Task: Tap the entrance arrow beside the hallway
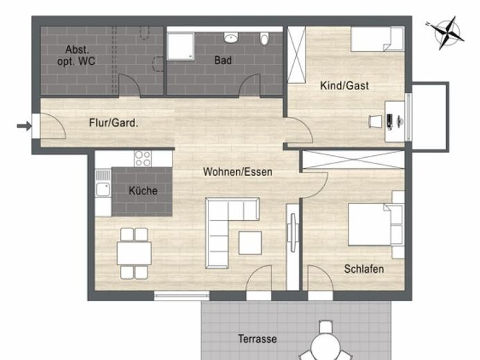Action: click(24, 125)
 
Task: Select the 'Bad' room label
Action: click(223, 60)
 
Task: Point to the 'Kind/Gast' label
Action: click(344, 86)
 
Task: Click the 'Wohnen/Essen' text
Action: click(238, 172)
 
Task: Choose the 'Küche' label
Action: click(143, 190)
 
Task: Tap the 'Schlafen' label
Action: click(364, 269)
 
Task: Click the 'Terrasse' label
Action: click(258, 339)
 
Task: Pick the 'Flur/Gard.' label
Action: click(114, 123)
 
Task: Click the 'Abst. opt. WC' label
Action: click(76, 55)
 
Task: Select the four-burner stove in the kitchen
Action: click(143, 159)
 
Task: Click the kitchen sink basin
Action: click(103, 190)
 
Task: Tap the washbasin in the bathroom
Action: click(231, 37)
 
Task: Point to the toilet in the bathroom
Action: click(264, 39)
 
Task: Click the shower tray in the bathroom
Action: click(181, 46)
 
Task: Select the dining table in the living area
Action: click(134, 253)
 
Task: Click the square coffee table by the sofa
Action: click(250, 243)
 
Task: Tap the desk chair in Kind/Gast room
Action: click(375, 121)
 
